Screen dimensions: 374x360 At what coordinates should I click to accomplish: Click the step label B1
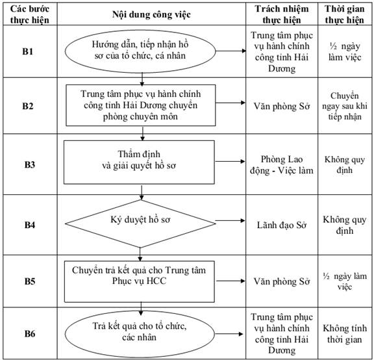pos(28,51)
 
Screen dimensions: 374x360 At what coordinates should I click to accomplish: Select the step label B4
pos(30,225)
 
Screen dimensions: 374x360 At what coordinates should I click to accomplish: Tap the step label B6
pos(30,333)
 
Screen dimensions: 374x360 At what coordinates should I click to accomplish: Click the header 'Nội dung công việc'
pos(151,14)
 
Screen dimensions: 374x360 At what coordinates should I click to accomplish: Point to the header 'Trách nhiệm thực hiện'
pos(282,14)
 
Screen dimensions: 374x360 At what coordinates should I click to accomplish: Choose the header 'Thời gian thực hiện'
pos(345,14)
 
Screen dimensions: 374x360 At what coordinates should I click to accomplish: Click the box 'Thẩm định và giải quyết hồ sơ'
pos(139,162)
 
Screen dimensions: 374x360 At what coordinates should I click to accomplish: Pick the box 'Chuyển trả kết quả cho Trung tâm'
pos(140,281)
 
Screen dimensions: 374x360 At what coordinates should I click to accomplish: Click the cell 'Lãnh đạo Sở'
pos(282,225)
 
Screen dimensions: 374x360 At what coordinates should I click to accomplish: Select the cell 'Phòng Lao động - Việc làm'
pos(282,164)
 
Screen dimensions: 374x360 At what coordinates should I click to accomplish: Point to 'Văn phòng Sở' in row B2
pos(282,106)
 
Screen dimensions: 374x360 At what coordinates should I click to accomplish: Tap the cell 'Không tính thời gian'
pos(345,334)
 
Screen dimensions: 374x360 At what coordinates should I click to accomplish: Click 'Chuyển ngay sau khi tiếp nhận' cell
pos(345,106)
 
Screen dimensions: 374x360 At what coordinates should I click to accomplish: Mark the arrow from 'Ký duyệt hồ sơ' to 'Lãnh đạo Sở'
pos(230,220)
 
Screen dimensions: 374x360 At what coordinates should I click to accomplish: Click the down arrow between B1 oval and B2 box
pos(142,79)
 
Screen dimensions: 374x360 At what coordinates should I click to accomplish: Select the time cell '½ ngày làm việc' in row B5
pos(345,281)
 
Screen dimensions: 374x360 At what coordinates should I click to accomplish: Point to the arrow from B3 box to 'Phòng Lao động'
pos(230,161)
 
